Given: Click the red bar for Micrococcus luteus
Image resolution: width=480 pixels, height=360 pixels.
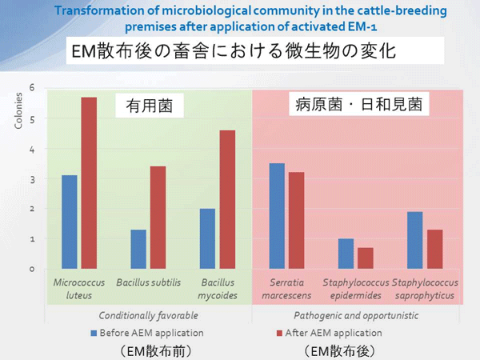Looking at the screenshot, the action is click(89, 183).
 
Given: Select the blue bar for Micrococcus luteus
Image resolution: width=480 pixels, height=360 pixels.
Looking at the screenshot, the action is click(70, 222).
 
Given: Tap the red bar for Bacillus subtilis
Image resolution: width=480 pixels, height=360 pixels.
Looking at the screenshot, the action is click(158, 218).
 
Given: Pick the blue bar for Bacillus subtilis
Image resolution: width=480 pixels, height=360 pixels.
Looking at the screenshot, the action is click(138, 249).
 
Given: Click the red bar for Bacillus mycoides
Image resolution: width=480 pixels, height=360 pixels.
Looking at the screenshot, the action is click(227, 199).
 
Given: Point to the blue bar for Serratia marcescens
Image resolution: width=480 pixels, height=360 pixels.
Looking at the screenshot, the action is click(277, 216).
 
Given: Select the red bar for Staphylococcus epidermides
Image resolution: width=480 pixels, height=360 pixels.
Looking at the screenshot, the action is click(366, 258).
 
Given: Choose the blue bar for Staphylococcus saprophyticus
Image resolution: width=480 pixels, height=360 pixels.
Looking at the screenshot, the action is click(415, 240).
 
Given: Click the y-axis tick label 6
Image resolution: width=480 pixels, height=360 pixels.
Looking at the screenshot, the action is click(32, 87).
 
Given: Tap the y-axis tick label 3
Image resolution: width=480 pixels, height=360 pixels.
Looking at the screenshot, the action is click(32, 179).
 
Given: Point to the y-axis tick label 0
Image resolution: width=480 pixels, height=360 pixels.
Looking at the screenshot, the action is click(32, 270).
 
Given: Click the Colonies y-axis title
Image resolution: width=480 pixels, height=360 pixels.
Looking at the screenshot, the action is click(18, 110).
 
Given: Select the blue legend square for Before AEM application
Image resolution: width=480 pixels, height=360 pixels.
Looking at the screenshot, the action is click(94, 333).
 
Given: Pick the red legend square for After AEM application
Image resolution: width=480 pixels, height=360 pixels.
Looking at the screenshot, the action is click(279, 333).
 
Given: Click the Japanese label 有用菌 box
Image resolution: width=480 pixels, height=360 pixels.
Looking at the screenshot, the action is click(150, 106).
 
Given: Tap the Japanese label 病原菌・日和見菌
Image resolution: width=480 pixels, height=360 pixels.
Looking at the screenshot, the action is click(359, 104).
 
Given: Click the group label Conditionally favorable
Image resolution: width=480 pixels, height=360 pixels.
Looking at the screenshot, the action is click(149, 316).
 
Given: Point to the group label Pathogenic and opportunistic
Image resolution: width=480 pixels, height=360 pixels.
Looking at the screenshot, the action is click(356, 316).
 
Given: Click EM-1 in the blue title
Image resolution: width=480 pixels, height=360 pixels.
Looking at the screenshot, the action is click(362, 26).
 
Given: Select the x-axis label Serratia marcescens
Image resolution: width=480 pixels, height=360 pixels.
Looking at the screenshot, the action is click(286, 289).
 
